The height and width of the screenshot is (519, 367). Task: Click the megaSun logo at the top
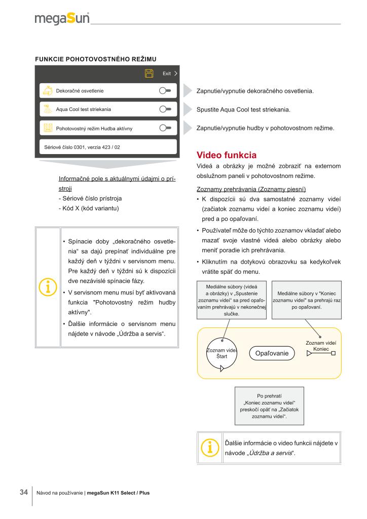(x=62, y=19)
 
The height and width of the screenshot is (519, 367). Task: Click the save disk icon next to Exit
(x=150, y=73)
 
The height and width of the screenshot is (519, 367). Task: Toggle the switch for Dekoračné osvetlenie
(x=165, y=91)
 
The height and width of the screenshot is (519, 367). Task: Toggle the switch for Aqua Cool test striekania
(x=165, y=109)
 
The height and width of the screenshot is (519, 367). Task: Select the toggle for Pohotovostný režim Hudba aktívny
(x=165, y=128)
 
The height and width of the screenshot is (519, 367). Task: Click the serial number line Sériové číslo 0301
(x=79, y=147)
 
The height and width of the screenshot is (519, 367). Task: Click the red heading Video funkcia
(x=226, y=155)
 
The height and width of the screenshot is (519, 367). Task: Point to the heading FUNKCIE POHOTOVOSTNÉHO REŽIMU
(x=95, y=59)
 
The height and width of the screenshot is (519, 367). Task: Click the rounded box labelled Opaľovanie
(x=272, y=353)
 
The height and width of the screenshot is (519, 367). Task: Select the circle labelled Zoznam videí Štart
(x=222, y=353)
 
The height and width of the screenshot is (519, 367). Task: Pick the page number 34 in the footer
(x=23, y=492)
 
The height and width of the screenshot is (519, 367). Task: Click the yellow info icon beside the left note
(x=48, y=286)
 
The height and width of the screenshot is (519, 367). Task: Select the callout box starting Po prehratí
(x=269, y=406)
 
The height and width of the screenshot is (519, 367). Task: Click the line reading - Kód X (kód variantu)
(x=90, y=209)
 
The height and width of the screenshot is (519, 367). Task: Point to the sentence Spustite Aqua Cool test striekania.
(x=243, y=109)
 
